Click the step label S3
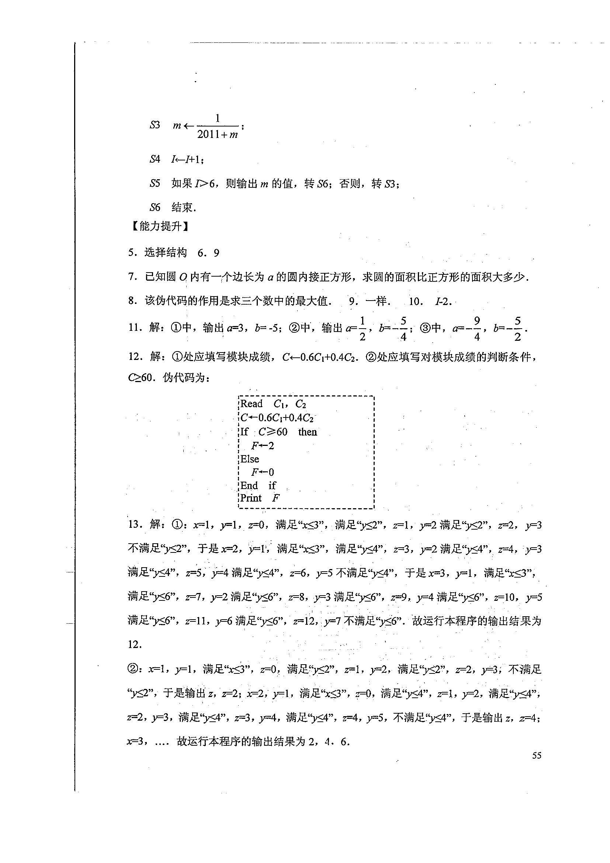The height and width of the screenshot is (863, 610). (x=155, y=125)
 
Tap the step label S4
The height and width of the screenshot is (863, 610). (x=155, y=159)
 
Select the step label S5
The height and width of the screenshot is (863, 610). (x=155, y=183)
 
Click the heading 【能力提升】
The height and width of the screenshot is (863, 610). (x=160, y=226)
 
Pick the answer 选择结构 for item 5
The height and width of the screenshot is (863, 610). (x=165, y=253)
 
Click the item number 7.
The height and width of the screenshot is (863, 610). (x=132, y=277)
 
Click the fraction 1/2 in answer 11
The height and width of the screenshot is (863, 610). (x=362, y=329)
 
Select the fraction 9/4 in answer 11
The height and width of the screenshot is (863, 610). (x=477, y=329)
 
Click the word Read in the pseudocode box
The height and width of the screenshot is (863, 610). (x=252, y=404)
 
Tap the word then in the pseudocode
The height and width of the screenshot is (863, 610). (x=308, y=432)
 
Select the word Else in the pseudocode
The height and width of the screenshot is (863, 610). (x=250, y=459)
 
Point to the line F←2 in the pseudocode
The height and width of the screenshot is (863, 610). (x=263, y=446)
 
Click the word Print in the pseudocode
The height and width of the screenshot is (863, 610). (x=251, y=498)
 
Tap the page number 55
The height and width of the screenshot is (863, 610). (x=537, y=756)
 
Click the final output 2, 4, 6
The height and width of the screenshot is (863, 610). (x=329, y=742)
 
